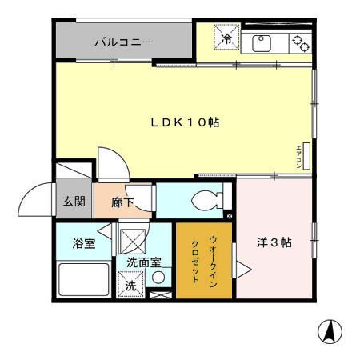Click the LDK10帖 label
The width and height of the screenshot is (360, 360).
click(186, 122)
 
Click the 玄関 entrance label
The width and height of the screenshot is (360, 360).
click(74, 201)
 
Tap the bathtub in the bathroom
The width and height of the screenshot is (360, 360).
click(84, 280)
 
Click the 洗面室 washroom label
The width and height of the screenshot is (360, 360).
click(144, 262)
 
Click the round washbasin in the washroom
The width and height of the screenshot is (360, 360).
click(158, 278)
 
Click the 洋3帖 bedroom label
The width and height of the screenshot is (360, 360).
click(274, 243)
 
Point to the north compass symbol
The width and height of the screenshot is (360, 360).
click(326, 330)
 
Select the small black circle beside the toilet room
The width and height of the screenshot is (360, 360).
click(230, 215)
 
